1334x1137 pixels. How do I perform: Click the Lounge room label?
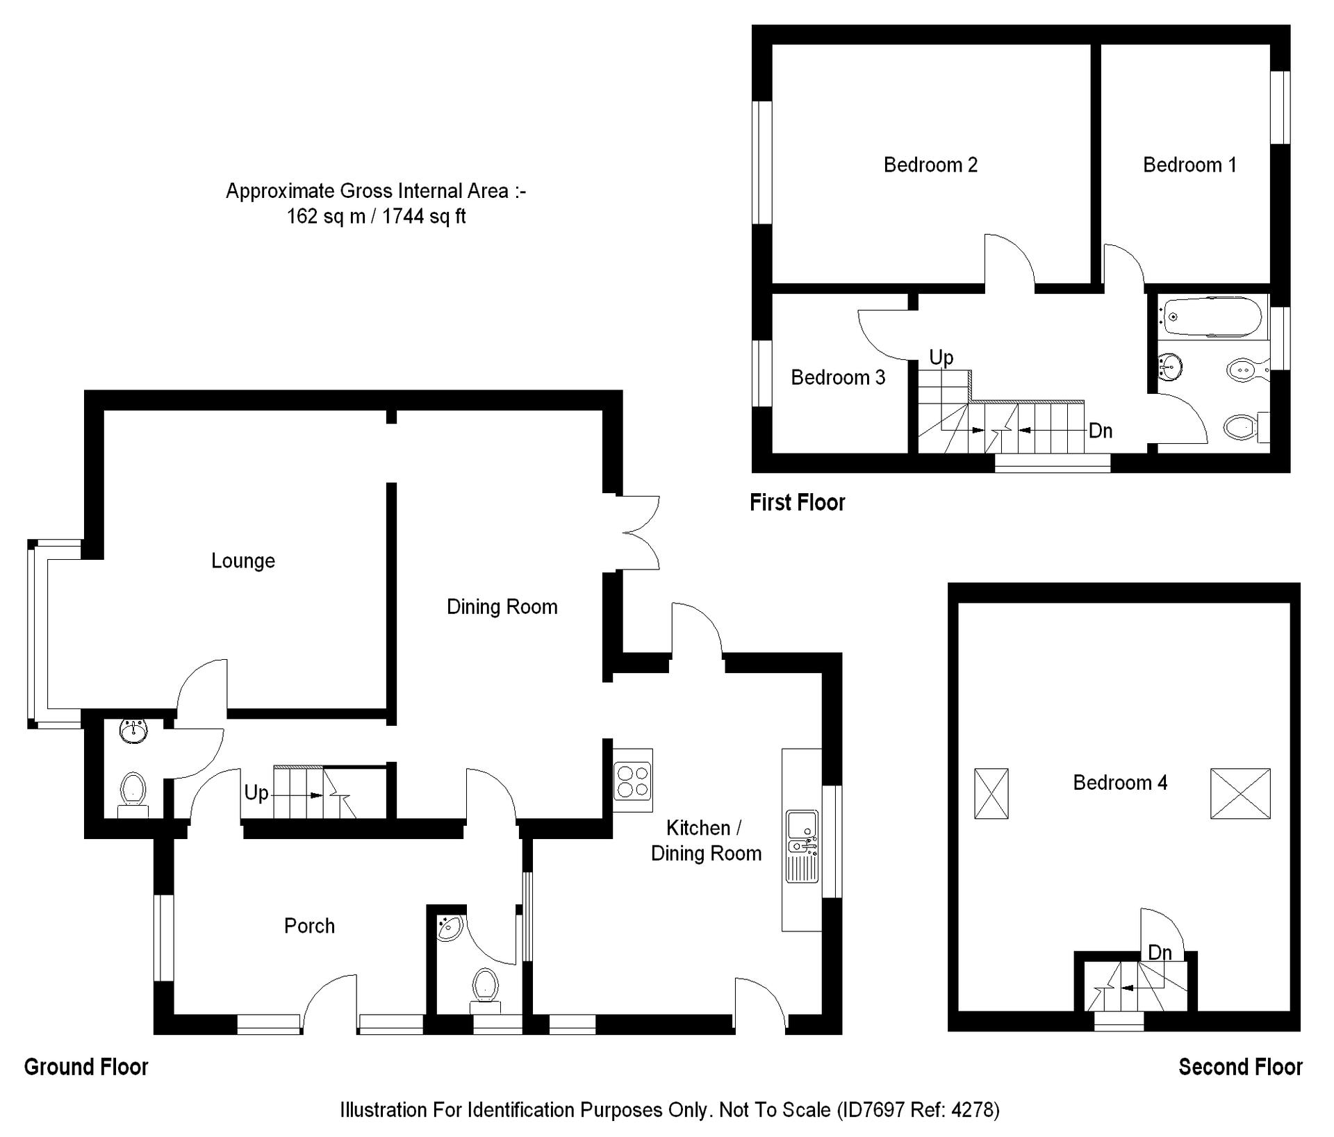(243, 561)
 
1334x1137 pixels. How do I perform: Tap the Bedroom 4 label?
(1120, 783)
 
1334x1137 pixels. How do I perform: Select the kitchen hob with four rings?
(633, 780)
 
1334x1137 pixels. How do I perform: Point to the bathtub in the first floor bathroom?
(1213, 317)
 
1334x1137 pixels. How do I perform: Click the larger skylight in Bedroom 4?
(1240, 793)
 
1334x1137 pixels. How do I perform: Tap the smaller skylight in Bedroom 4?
(991, 793)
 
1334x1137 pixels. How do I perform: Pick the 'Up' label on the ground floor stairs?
(256, 793)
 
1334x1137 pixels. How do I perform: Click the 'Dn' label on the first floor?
(1101, 431)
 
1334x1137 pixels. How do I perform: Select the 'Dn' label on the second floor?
(1160, 952)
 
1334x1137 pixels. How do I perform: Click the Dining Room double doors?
(639, 533)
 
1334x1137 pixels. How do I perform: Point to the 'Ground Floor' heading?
(86, 1067)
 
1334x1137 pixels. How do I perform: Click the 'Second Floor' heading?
(1240, 1067)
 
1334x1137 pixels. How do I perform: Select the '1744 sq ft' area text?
(424, 217)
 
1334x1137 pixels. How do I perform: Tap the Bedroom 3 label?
(838, 377)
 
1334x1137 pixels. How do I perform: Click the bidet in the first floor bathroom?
(1249, 370)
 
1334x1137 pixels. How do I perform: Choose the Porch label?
(309, 926)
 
